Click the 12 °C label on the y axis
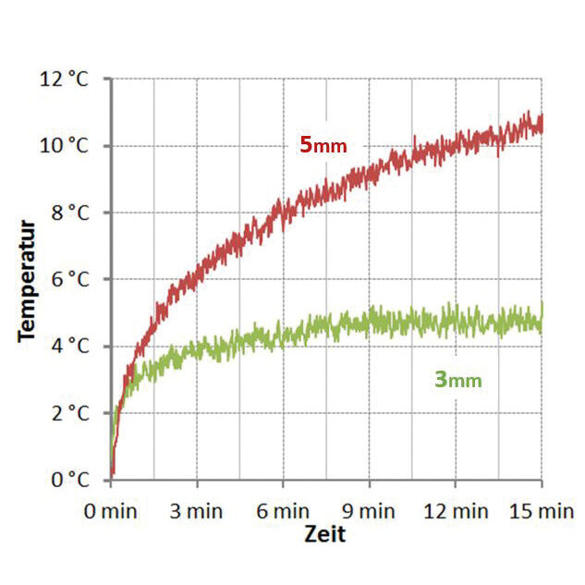point(64,79)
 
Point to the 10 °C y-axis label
point(64,145)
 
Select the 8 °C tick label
point(70,213)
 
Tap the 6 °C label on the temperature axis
point(70,279)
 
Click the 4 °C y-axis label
point(70,347)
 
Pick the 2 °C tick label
point(70,413)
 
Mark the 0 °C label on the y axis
point(70,480)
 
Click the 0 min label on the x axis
point(110,511)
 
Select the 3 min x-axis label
point(197,511)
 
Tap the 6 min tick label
point(283,511)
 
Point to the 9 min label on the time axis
point(369,511)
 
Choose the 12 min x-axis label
point(456,511)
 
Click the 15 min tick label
point(542,511)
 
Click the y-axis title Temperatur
point(27,281)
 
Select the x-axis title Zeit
point(325,534)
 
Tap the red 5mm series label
point(323,145)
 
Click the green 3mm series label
point(458,380)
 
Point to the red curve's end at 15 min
point(542,124)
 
